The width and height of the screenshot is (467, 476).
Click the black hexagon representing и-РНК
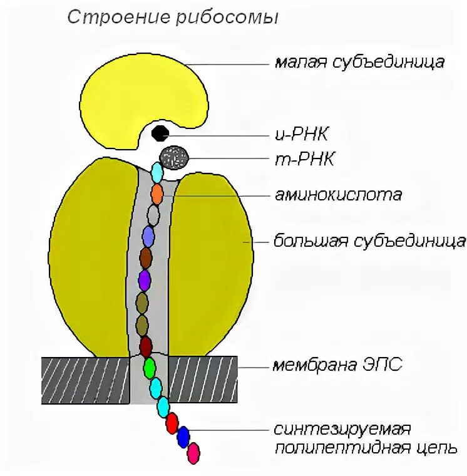point(160,133)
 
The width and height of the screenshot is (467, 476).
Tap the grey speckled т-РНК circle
point(174,156)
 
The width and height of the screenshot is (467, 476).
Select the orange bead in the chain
point(157,192)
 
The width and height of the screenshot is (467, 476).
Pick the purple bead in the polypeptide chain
point(145,279)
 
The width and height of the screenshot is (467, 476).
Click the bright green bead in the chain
point(149,368)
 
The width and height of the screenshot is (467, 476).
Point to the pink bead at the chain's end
point(194,451)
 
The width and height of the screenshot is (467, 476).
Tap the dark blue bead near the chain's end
point(183,436)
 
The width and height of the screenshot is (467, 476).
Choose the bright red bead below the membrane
point(172,424)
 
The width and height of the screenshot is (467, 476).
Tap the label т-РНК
point(304,160)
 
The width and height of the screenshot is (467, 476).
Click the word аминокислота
point(337,195)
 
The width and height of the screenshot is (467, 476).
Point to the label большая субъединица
point(369,241)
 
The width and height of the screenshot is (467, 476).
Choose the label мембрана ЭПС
point(337,365)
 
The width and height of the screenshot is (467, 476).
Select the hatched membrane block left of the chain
point(85,380)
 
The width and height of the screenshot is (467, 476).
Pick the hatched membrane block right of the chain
point(203,380)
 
